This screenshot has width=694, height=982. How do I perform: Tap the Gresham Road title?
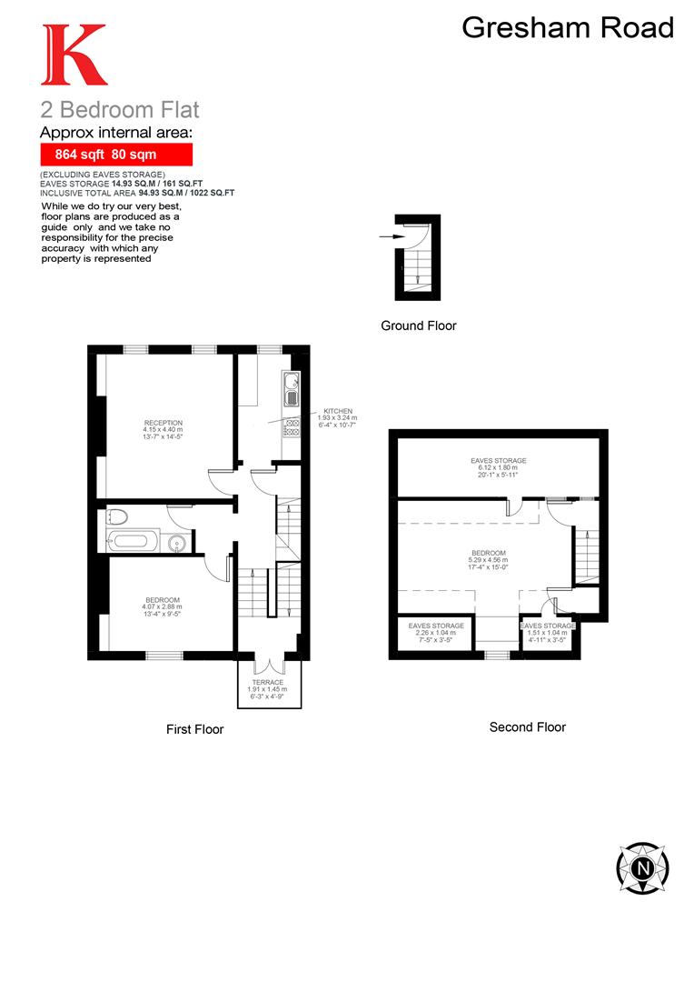coord(568,27)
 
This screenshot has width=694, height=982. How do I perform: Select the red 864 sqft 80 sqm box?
coord(115,155)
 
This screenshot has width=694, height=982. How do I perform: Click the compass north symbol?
coord(643,867)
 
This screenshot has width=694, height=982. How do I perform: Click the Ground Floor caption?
coord(419,326)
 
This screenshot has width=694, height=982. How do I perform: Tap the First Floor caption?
coord(194,729)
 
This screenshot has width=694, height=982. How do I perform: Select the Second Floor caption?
coord(527,727)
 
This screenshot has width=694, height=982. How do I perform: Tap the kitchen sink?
coord(292,392)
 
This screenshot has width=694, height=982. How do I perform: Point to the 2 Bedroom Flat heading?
coord(119,111)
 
